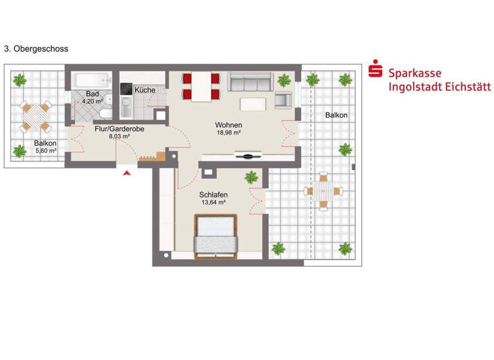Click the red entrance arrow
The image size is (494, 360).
(127, 172)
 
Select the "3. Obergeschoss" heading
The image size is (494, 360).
(36, 48)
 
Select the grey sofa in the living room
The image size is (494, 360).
(250, 82)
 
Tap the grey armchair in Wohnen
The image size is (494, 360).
(283, 100)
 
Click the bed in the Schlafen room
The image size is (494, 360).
(217, 235)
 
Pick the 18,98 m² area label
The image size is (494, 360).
(228, 132)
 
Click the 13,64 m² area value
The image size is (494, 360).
(213, 203)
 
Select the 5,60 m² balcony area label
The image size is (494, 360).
(46, 151)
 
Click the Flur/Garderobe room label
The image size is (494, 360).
(120, 129)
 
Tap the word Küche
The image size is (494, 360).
(145, 90)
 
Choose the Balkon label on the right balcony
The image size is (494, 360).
(336, 115)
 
